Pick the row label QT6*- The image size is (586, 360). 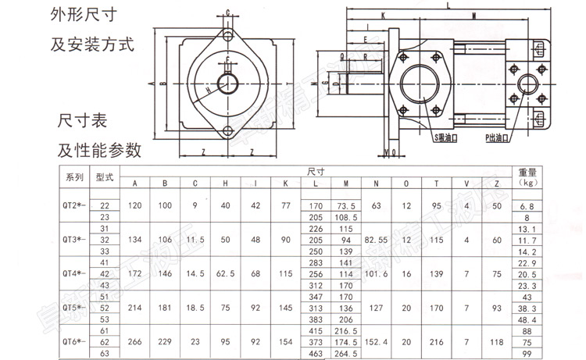tap(73, 341)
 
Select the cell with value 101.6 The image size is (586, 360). tap(376, 274)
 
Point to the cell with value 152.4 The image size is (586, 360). tap(376, 341)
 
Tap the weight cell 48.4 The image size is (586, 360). tap(530, 319)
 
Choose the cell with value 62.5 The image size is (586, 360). tap(225, 274)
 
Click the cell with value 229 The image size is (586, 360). tap(165, 341)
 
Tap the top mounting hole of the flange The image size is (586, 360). tap(227, 36)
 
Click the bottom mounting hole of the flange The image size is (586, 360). tap(227, 130)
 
